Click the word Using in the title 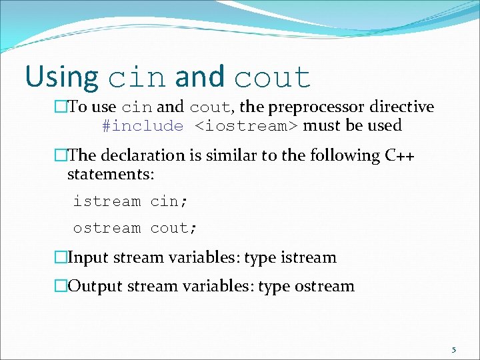click(61, 77)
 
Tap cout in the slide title click(272, 79)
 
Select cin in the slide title click(137, 79)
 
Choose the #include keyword click(143, 126)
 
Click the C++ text click(400, 155)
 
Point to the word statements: click(111, 174)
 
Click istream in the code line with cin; click(107, 201)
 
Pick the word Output click(94, 287)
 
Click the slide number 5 click(453, 349)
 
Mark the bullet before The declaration click(61, 155)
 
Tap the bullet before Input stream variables click(61, 257)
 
